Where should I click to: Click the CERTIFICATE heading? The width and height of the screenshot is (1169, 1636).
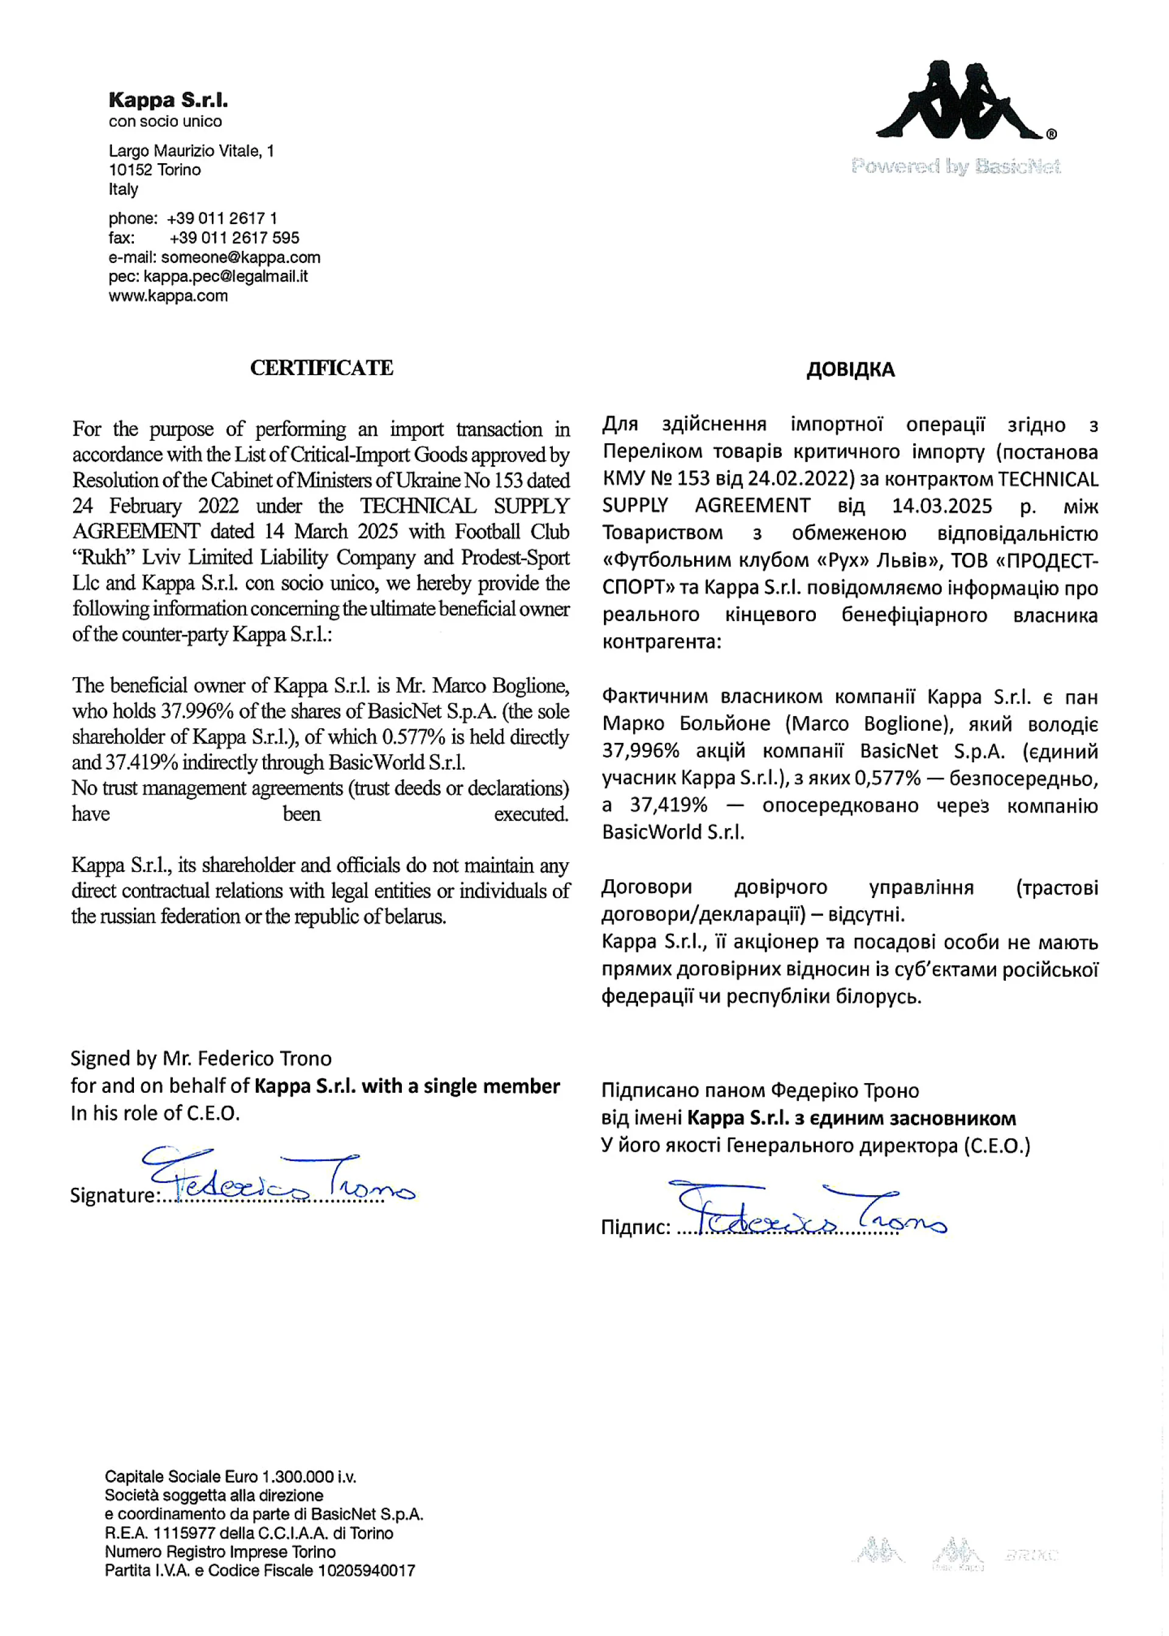coord(321,368)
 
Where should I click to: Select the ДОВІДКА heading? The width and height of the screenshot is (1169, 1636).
coord(850,370)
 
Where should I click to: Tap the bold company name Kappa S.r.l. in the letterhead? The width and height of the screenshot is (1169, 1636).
coord(167,100)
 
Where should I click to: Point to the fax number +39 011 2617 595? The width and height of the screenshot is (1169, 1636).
coord(234,237)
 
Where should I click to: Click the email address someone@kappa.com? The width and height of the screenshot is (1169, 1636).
coord(240,257)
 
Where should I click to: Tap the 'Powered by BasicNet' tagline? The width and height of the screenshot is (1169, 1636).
coord(955,167)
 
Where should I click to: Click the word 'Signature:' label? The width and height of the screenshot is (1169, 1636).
coord(112,1196)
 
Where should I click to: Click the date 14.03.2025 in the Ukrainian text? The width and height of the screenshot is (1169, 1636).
coord(941,506)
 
